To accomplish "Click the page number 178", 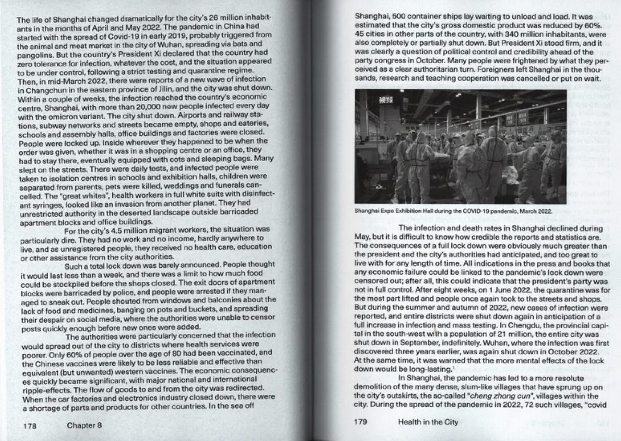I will (x=29, y=425).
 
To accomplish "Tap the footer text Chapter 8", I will (x=84, y=425).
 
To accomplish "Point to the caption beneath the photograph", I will (x=453, y=211).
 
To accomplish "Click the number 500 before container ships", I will (x=400, y=17).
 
